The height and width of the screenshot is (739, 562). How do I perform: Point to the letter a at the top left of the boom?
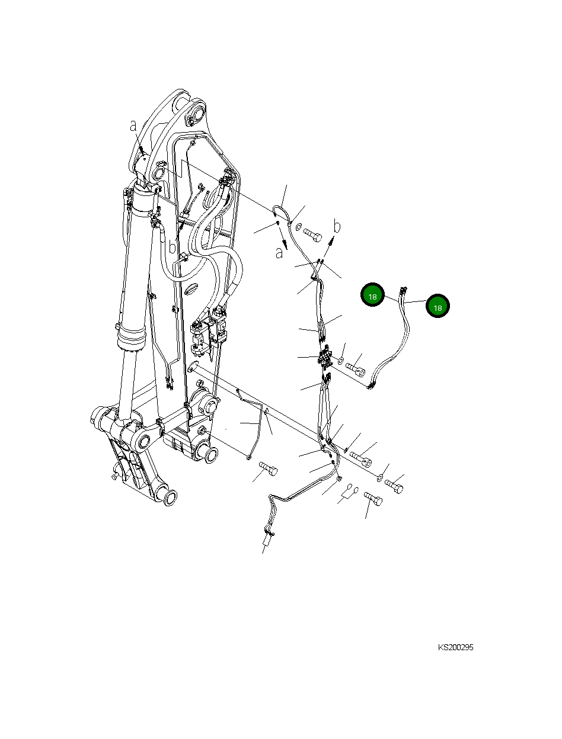(x=133, y=126)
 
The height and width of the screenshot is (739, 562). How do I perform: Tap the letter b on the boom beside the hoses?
(x=172, y=247)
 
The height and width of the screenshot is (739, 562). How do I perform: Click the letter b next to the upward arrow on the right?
(x=337, y=226)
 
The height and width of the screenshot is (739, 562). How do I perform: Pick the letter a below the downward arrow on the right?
(x=279, y=253)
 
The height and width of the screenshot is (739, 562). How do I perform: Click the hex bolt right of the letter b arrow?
(x=312, y=234)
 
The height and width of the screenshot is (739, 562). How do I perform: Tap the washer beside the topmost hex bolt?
(x=299, y=227)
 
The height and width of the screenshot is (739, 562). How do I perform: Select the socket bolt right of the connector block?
(x=356, y=369)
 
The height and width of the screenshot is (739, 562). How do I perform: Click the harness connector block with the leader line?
(x=325, y=356)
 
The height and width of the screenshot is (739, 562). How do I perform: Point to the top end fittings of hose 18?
(x=403, y=291)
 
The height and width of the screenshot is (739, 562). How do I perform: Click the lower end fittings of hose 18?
(x=371, y=386)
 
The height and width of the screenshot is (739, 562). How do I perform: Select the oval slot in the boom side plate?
(x=191, y=289)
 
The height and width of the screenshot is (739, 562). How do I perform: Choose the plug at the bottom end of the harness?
(x=267, y=541)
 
